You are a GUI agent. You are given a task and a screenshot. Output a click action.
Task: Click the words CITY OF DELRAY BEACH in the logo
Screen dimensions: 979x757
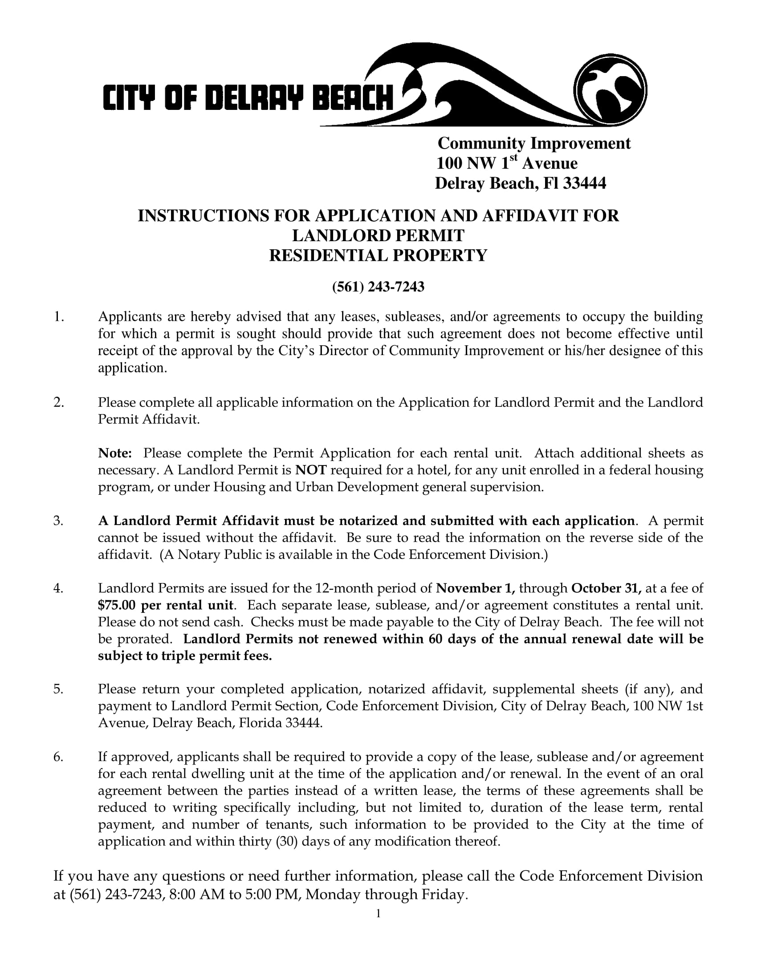pyautogui.click(x=248, y=97)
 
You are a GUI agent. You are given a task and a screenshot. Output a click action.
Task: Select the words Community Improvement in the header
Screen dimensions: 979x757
pyautogui.click(x=533, y=143)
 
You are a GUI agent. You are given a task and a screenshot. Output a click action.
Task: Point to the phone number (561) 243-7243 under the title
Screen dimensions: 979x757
pyautogui.click(x=378, y=287)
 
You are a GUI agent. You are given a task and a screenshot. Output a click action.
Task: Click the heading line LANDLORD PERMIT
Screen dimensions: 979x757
pyautogui.click(x=378, y=236)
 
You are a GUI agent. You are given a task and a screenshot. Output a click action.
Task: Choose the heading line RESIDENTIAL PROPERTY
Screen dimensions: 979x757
pyautogui.click(x=378, y=255)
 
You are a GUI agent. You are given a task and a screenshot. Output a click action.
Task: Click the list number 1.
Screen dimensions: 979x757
pyautogui.click(x=58, y=317)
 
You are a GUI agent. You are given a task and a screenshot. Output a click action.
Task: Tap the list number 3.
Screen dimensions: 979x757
pyautogui.click(x=58, y=521)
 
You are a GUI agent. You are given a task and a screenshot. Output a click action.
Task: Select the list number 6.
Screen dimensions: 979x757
pyautogui.click(x=58, y=757)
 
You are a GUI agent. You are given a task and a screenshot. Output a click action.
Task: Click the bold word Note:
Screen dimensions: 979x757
pyautogui.click(x=115, y=453)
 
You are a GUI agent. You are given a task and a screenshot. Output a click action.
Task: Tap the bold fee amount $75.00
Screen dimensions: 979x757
pyautogui.click(x=117, y=605)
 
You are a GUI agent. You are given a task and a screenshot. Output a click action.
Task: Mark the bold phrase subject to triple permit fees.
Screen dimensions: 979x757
pyautogui.click(x=185, y=656)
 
